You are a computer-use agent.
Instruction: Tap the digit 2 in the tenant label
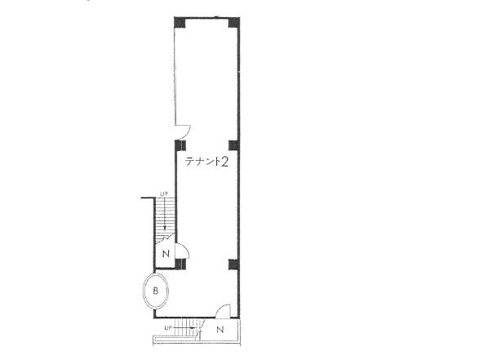(224, 162)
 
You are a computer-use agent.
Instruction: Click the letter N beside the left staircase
(165, 254)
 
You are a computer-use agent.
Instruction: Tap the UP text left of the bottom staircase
(167, 327)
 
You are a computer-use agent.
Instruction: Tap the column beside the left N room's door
(182, 263)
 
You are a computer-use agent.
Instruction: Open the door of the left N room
(184, 250)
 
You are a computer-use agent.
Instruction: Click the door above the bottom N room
(223, 310)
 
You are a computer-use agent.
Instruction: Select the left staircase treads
(165, 216)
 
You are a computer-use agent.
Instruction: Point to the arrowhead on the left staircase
(165, 229)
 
